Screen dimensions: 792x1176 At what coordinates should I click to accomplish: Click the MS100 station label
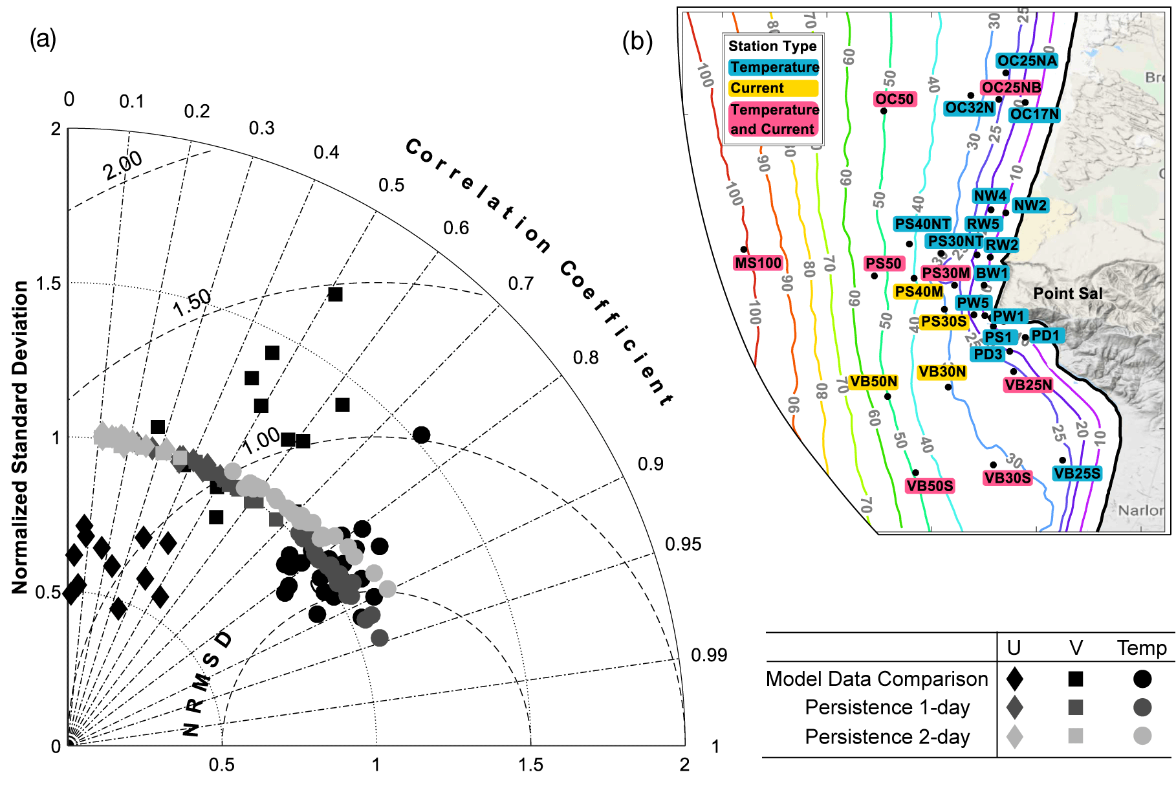pyautogui.click(x=758, y=263)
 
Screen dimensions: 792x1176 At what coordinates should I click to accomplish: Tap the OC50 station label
pyautogui.click(x=895, y=99)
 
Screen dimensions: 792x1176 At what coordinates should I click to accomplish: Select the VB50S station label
pyautogui.click(x=930, y=486)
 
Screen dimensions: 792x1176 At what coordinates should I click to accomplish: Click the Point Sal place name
pyautogui.click(x=1067, y=294)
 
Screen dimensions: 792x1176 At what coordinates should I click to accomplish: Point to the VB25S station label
pyautogui.click(x=1076, y=474)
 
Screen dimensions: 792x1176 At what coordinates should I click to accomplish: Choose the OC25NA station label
pyautogui.click(x=1027, y=61)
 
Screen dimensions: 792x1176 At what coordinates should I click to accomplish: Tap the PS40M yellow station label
pyautogui.click(x=919, y=292)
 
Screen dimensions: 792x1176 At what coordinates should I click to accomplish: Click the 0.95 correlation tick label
pyautogui.click(x=683, y=544)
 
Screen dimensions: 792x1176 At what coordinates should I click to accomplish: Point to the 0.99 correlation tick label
pyautogui.click(x=709, y=655)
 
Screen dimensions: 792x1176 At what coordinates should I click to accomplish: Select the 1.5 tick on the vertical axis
pyautogui.click(x=48, y=283)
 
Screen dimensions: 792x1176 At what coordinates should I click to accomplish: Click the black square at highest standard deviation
pyautogui.click(x=335, y=294)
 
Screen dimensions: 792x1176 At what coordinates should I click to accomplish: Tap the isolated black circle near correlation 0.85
pyautogui.click(x=421, y=435)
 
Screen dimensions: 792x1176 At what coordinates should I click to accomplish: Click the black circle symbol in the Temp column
pyautogui.click(x=1142, y=679)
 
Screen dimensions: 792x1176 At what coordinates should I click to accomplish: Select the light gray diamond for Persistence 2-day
pyautogui.click(x=1015, y=736)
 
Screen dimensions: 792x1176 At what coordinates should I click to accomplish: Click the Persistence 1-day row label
pyautogui.click(x=887, y=708)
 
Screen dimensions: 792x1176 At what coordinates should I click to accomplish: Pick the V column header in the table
pyautogui.click(x=1076, y=648)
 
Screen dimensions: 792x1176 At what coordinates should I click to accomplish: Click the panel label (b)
pyautogui.click(x=637, y=41)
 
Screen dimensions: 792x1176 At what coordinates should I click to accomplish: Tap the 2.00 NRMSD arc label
pyautogui.click(x=123, y=165)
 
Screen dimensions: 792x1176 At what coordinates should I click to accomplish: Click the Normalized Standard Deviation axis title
pyautogui.click(x=20, y=437)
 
